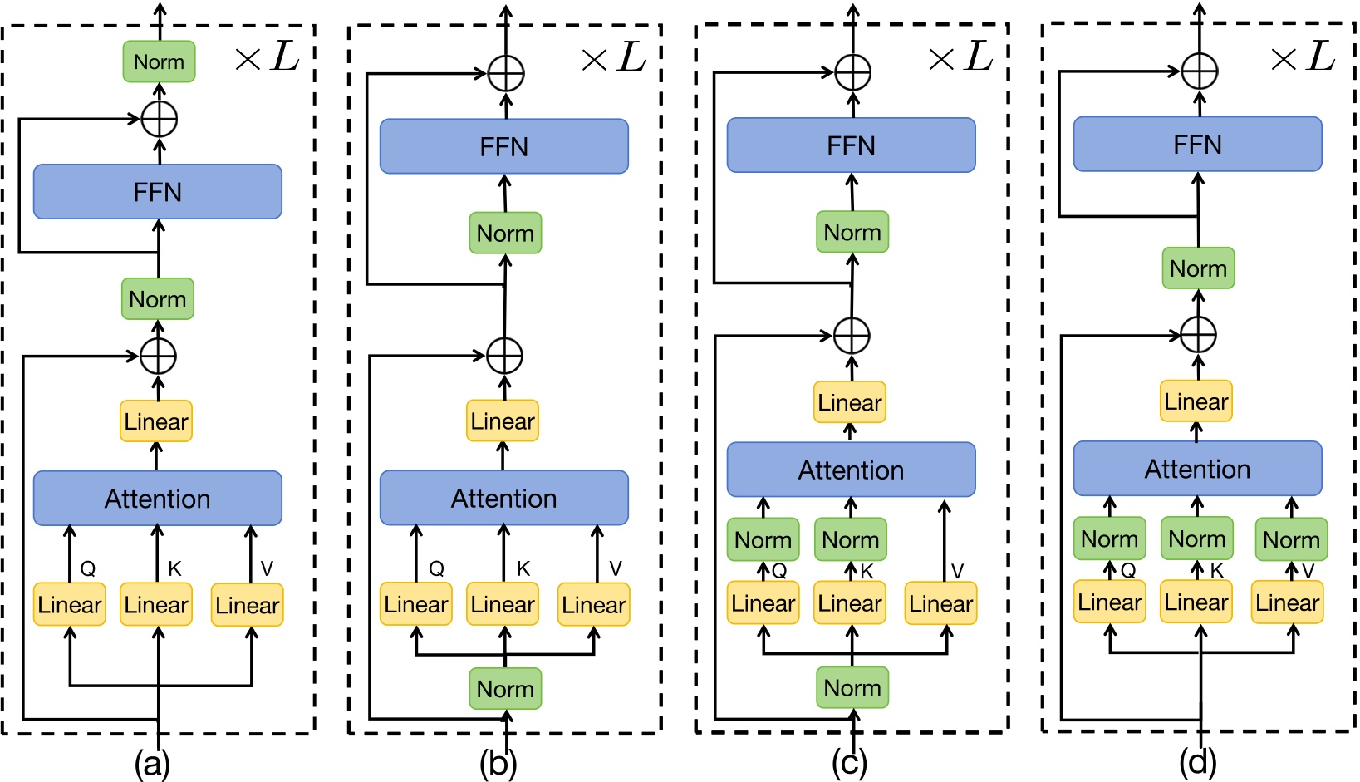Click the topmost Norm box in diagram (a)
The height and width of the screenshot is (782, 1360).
pyautogui.click(x=159, y=62)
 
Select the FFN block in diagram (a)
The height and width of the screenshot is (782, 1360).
pyautogui.click(x=158, y=192)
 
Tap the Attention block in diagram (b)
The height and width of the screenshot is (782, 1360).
pyautogui.click(x=503, y=498)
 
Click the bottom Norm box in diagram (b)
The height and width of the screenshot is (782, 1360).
pyautogui.click(x=505, y=689)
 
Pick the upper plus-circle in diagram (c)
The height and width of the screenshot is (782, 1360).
pyautogui.click(x=852, y=72)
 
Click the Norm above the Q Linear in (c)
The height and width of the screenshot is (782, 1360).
pyautogui.click(x=763, y=539)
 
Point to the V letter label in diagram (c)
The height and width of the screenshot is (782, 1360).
pyautogui.click(x=957, y=571)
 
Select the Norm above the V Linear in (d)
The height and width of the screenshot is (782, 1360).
pyautogui.click(x=1291, y=539)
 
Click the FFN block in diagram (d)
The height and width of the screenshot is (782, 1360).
pyautogui.click(x=1197, y=145)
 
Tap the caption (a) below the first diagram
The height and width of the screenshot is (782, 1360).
pyautogui.click(x=152, y=763)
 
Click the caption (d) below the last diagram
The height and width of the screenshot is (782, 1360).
pyautogui.click(x=1198, y=761)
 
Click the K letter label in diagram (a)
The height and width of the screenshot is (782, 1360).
pyautogui.click(x=174, y=568)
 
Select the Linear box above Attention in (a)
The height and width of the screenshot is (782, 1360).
pyautogui.click(x=156, y=421)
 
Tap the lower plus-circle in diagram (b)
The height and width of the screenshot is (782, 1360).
pyautogui.click(x=504, y=356)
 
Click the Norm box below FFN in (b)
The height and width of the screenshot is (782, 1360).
pyautogui.click(x=505, y=234)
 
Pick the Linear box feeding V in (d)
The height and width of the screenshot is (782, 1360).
pyautogui.click(x=1287, y=602)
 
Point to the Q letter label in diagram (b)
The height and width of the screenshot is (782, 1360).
pyautogui.click(x=436, y=568)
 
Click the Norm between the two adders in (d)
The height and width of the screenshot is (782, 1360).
pyautogui.click(x=1198, y=268)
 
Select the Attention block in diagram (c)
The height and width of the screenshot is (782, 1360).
pyautogui.click(x=851, y=470)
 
